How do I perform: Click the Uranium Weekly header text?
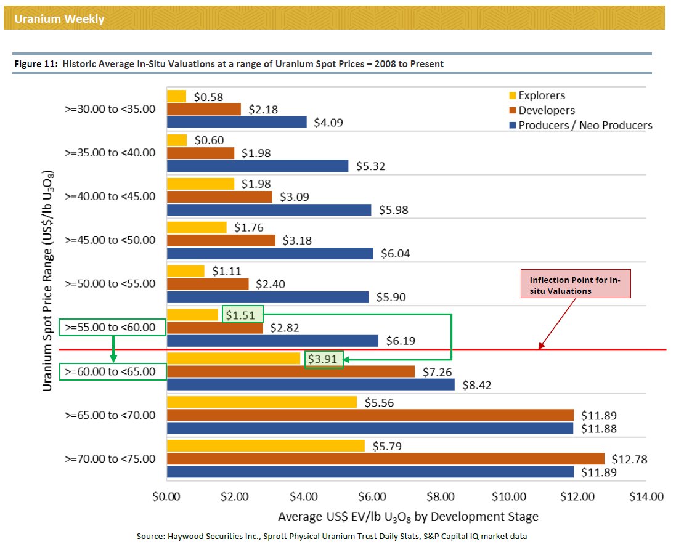point(59,19)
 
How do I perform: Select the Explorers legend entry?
point(541,95)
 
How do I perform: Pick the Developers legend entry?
point(546,110)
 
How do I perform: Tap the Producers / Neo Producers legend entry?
point(584,125)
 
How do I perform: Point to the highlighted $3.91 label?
point(323,359)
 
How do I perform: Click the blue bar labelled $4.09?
point(237,122)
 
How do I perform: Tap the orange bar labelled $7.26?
point(291,371)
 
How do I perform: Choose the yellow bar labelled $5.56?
point(262,402)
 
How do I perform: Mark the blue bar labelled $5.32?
point(258,166)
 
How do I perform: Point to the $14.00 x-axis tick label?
point(646,496)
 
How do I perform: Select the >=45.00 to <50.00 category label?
point(110,240)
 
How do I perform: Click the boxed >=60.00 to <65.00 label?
point(112,371)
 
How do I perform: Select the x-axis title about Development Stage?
point(408,516)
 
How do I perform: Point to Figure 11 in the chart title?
point(36,64)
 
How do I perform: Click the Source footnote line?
point(332,537)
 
